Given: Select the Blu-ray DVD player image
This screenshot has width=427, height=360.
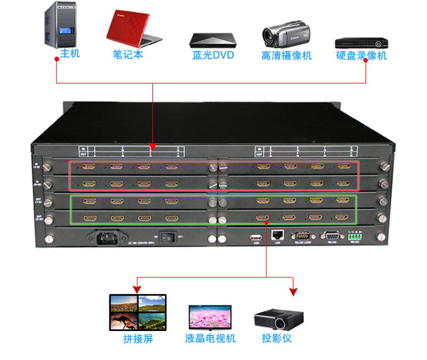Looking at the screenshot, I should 213,39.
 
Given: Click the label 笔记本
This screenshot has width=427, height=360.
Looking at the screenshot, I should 128,55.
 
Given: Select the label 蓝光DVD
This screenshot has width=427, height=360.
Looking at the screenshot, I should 213,55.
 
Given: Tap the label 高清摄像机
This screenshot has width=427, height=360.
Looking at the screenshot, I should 287,55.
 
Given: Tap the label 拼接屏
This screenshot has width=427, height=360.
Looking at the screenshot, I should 137,339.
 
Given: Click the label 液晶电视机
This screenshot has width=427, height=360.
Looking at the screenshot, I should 210,339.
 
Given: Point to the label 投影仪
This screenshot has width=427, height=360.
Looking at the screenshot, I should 277,338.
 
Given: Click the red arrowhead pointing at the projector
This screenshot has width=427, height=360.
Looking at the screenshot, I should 293,291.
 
